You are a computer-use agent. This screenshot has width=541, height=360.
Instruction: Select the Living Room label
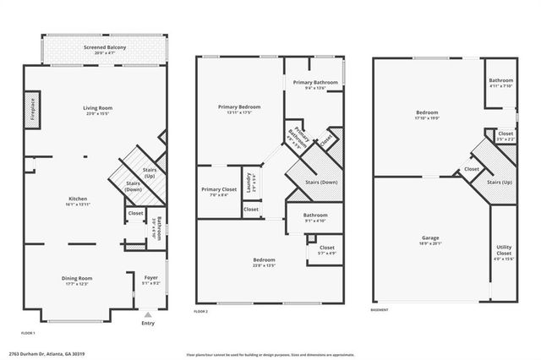tap(98, 108)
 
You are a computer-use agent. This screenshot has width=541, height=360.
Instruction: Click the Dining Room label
tap(77, 278)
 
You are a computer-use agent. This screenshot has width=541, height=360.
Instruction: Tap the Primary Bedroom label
tap(239, 107)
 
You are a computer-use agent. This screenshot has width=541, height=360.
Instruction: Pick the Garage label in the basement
tap(430, 238)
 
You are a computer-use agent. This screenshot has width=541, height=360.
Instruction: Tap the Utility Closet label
tap(504, 251)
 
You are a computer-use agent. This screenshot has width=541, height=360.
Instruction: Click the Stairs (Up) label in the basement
tap(500, 183)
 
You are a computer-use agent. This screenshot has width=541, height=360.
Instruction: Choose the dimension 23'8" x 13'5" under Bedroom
tap(263, 265)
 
